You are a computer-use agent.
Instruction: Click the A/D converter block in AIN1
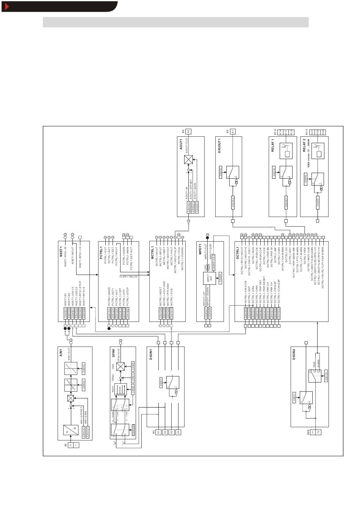pyautogui.click(x=71, y=432)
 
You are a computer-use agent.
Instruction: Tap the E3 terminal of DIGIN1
pyautogui.click(x=172, y=432)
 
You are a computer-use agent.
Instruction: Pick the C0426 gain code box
pyautogui.click(x=133, y=366)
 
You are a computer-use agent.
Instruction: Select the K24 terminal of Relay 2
pyautogui.click(x=323, y=131)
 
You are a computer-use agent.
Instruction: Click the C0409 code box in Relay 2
pyautogui.click(x=318, y=203)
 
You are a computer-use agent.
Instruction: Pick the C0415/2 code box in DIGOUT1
pyautogui.click(x=233, y=202)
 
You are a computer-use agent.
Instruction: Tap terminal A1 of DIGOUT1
pyautogui.click(x=233, y=131)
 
